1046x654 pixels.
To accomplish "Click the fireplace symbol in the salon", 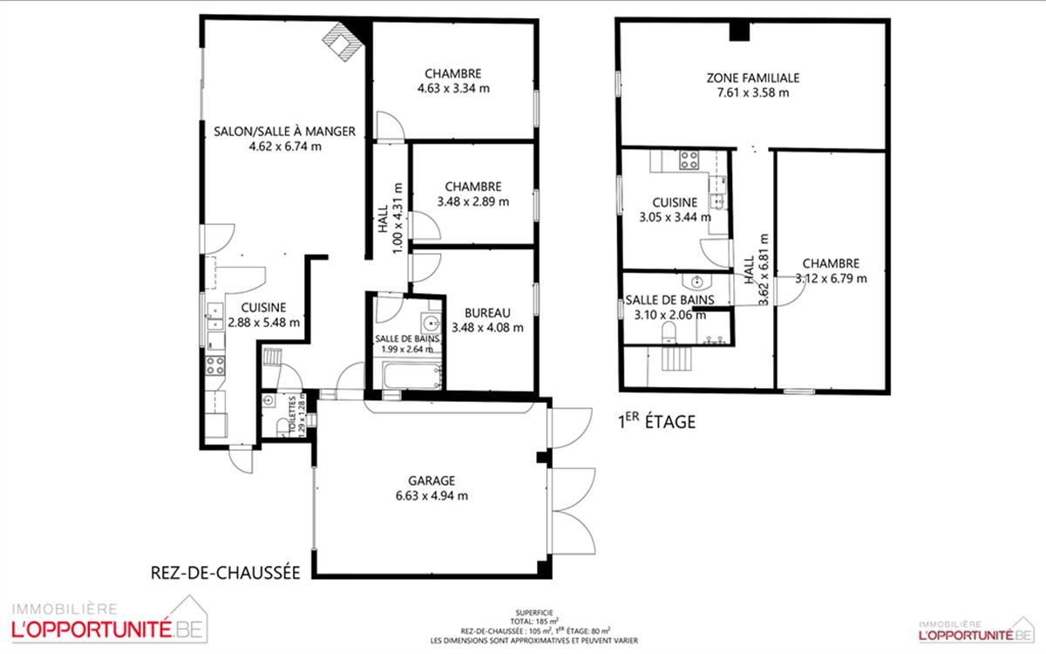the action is [343, 41].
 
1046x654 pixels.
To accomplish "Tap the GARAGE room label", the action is [431, 480].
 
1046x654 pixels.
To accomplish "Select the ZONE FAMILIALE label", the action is [753, 78].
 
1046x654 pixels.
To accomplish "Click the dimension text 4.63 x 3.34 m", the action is [453, 88].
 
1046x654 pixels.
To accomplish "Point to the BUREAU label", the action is [487, 313].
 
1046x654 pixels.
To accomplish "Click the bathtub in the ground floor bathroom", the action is [411, 375].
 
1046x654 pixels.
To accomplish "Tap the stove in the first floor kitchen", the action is [689, 160].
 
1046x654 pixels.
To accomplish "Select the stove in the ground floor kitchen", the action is [214, 365].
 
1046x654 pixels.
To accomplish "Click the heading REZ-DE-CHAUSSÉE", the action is [225, 573].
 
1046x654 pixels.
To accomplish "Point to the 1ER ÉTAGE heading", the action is [657, 421].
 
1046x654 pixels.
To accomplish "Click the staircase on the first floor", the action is [676, 358].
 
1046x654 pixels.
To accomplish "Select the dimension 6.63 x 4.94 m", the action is [431, 495].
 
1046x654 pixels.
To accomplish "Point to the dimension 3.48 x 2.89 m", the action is [473, 201].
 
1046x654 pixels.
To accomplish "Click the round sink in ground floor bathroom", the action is [431, 323].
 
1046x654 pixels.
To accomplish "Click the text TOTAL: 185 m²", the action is [534, 621].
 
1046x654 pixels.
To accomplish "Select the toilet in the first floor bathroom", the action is [669, 331].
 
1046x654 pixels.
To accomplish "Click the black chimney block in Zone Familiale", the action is [739, 31].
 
